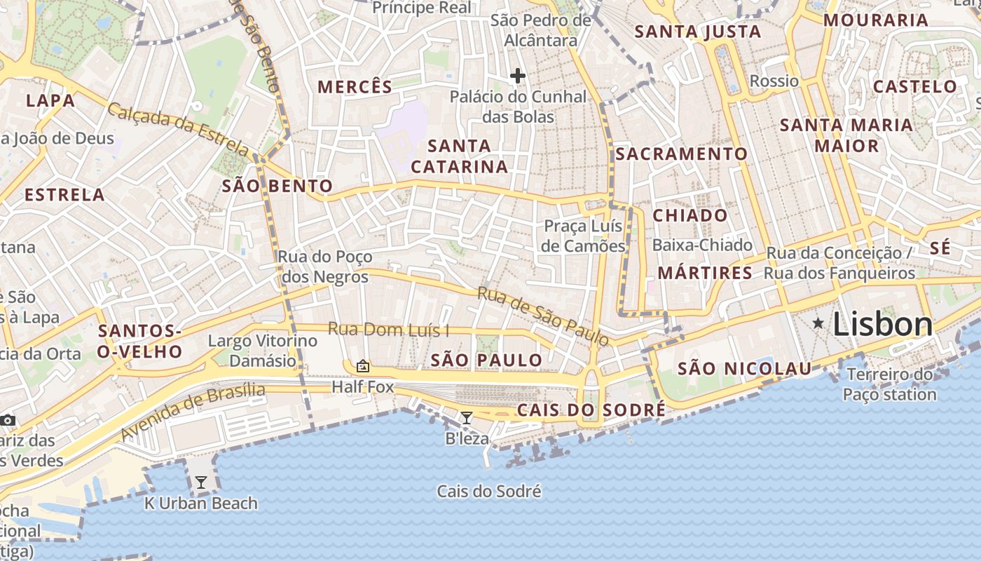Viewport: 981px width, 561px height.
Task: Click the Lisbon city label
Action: pyautogui.click(x=883, y=325)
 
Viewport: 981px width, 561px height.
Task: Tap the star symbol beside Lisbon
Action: pyautogui.click(x=818, y=323)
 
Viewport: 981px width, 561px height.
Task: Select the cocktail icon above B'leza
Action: pyautogui.click(x=467, y=419)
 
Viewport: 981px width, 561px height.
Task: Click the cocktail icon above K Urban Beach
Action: pyautogui.click(x=201, y=482)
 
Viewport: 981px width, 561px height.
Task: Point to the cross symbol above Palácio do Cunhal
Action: pyautogui.click(x=518, y=76)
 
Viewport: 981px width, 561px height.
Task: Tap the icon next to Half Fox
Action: pyautogui.click(x=363, y=366)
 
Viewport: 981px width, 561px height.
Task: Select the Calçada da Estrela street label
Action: pyautogui.click(x=179, y=130)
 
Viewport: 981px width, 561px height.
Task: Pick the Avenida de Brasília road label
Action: pyautogui.click(x=193, y=412)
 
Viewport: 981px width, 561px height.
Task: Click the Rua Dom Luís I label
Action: pyautogui.click(x=388, y=330)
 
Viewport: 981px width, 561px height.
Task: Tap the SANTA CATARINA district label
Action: pyautogui.click(x=460, y=156)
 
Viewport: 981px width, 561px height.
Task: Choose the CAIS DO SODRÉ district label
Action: pyautogui.click(x=591, y=410)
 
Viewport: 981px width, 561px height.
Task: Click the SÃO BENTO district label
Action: pyautogui.click(x=277, y=186)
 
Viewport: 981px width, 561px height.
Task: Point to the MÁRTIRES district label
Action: pyautogui.click(x=705, y=273)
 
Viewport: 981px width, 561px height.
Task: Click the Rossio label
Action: pyautogui.click(x=774, y=81)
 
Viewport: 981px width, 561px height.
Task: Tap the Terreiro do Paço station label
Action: pyautogui.click(x=889, y=384)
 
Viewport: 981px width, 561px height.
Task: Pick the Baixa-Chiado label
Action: pyautogui.click(x=702, y=245)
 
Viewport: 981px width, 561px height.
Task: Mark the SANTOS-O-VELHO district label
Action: pyautogui.click(x=139, y=342)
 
